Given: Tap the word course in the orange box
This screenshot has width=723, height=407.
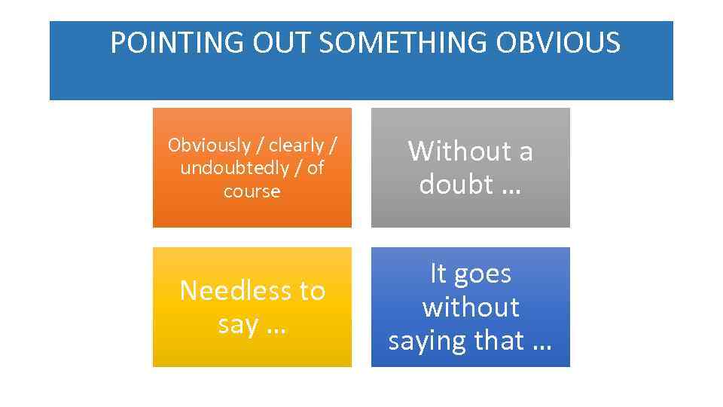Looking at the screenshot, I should coord(252,191).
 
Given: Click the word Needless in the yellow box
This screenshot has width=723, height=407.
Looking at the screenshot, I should coord(230,291).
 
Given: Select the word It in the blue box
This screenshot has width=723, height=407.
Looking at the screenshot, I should coord(438,273).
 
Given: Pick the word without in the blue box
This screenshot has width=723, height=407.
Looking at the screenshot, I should coord(471,307).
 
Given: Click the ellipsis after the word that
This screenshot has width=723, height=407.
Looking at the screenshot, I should coord(541,342).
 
